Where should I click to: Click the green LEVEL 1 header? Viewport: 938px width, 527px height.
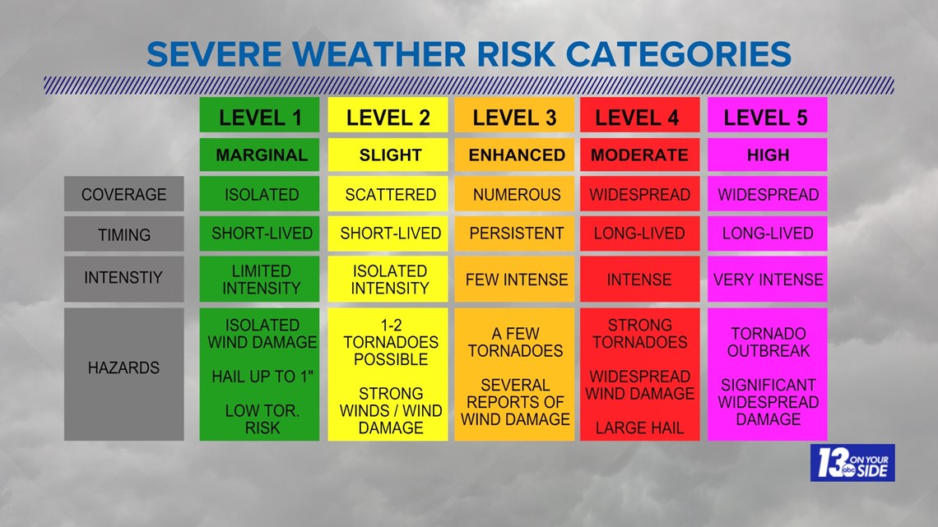(x=260, y=115)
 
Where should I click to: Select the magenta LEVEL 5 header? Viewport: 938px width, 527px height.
(x=768, y=115)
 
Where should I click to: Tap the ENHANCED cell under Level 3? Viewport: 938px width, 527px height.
(x=514, y=155)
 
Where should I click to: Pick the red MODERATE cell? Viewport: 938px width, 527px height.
(x=640, y=155)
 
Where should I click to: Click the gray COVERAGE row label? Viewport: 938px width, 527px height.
(x=123, y=193)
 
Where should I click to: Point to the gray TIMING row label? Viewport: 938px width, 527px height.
(x=123, y=233)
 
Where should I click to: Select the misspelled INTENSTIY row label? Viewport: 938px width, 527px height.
(x=123, y=279)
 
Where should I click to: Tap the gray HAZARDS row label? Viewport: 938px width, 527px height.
(x=123, y=374)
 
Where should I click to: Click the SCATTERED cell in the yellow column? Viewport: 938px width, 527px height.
(x=388, y=193)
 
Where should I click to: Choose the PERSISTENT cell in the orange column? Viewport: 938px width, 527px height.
(x=514, y=233)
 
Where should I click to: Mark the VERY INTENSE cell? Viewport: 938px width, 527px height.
(x=768, y=279)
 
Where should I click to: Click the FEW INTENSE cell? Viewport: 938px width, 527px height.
(x=514, y=279)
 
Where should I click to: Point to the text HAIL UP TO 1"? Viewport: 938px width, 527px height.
(x=262, y=377)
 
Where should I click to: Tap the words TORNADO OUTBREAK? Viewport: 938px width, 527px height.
(x=769, y=342)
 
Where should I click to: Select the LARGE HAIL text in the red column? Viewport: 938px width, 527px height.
(x=639, y=428)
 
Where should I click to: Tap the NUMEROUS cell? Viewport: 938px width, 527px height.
(x=514, y=193)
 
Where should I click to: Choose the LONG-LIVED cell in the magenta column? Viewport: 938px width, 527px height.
(x=768, y=233)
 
